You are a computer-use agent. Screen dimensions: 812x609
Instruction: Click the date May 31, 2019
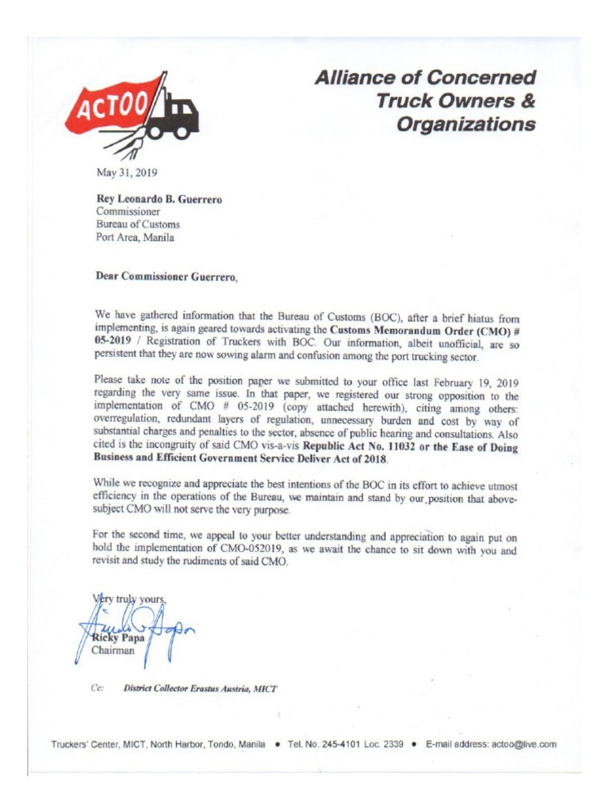126,172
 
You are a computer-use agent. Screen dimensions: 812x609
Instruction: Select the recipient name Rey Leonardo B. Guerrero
159,199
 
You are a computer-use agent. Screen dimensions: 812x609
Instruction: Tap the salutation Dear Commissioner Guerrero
166,277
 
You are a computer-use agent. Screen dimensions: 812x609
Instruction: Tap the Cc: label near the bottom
99,688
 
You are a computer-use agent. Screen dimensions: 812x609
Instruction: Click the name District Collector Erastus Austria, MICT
201,688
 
